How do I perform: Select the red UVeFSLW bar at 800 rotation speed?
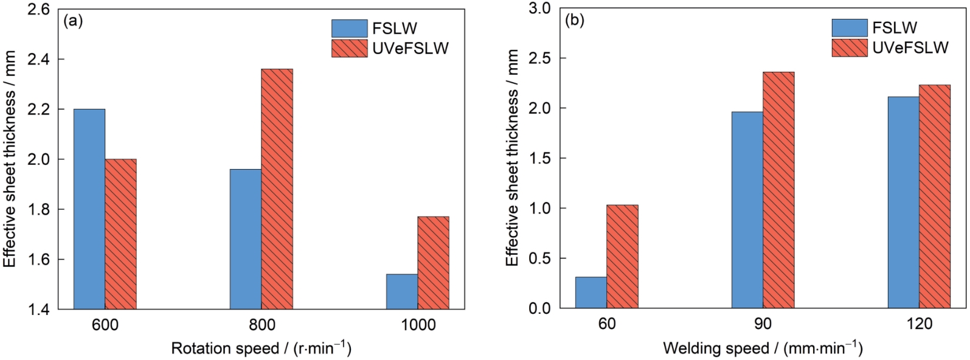coord(277,189)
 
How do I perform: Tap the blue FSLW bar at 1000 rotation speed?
coord(402,291)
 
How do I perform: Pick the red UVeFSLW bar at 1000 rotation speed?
coord(433,263)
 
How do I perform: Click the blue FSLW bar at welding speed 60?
coord(591,292)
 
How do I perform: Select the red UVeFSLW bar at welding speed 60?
coord(622,257)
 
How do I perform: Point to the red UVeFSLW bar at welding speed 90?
coord(778,190)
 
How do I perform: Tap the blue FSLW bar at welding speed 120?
coord(903,202)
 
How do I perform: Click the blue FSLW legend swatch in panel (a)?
coord(349,28)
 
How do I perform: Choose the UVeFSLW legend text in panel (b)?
coord(910,48)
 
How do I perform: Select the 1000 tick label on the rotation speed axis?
coord(418,325)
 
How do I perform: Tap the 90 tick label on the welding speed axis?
coord(763,324)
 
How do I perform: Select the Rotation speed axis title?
coord(261,348)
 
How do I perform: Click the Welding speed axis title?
coord(763,348)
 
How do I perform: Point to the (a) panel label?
coord(73,21)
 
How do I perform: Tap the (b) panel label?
coord(574,21)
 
